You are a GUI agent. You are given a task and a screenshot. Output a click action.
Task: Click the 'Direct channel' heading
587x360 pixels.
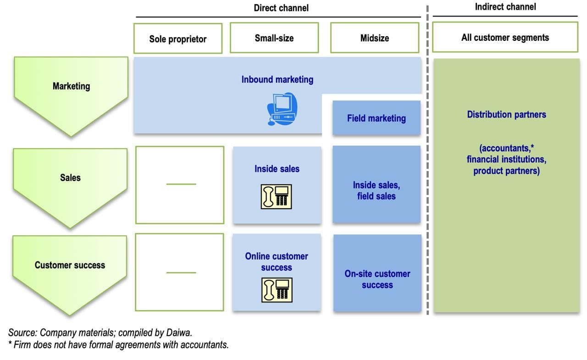pos(281,8)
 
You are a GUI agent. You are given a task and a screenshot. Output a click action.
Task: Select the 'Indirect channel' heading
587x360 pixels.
pos(505,7)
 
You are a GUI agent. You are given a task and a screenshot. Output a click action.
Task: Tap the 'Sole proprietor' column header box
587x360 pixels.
pos(178,39)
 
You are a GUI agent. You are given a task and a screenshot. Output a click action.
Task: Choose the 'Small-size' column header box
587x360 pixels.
pos(274,38)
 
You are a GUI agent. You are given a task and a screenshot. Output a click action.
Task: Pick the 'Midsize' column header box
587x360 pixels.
pos(375,38)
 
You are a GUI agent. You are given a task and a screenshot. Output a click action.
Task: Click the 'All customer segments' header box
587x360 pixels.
pos(505,38)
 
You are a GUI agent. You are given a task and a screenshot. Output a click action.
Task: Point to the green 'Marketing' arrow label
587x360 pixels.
pos(71,86)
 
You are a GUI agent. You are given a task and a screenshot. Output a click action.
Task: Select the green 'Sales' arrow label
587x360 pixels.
pos(70,178)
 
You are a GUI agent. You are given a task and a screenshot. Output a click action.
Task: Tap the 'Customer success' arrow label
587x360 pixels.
pos(70,265)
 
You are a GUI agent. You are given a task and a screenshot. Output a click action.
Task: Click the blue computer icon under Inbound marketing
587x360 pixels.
pos(282,108)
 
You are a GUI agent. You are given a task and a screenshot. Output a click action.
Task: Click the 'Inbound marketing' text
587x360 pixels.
pos(277,79)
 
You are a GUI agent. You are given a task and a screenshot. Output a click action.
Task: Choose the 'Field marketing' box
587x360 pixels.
pos(377,118)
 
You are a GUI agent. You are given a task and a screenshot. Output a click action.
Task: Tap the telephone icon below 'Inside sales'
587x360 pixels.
pos(277,196)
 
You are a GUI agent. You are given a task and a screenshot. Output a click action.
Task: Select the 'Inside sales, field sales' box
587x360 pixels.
pos(377,190)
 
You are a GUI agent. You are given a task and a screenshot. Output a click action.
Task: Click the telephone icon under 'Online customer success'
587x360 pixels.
pos(277,289)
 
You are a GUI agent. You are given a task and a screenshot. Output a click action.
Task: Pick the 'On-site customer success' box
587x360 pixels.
pos(377,279)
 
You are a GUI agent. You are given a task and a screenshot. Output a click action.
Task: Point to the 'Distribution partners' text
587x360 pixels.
pos(507,115)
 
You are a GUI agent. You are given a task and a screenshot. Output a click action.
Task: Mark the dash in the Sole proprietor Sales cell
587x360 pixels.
pos(181,184)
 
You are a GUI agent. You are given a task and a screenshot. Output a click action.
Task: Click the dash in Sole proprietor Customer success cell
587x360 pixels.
pos(181,273)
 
